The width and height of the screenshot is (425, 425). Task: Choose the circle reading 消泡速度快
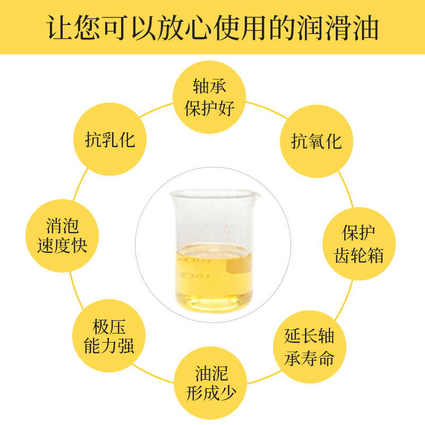[x=62, y=236]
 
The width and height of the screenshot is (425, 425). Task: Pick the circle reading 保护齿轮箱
[x=359, y=244]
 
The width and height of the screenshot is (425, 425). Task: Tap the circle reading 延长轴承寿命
[x=309, y=348]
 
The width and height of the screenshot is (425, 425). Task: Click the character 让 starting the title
[x=57, y=28]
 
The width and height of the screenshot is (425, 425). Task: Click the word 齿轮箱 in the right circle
[x=359, y=255]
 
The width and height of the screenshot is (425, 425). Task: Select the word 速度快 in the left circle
[x=62, y=246]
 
